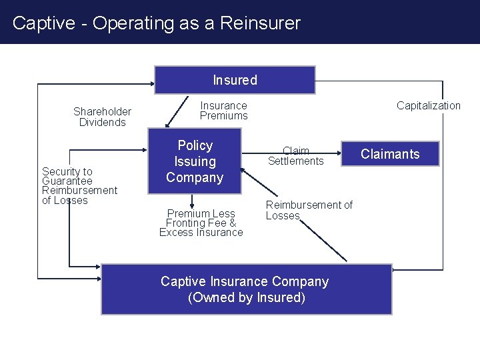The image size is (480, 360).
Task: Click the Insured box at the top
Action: coord(235,80)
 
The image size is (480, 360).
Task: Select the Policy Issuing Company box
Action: coord(195,161)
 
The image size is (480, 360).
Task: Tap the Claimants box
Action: coord(390,154)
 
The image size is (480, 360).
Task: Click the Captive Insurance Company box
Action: coord(246,289)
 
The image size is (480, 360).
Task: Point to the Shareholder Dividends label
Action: coord(102,117)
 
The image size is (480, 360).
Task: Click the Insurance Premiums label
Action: coord(223,111)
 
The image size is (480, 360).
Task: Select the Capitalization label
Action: coord(428,105)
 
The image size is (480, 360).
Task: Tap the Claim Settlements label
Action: coord(295,156)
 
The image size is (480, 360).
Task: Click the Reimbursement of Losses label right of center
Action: coord(309,210)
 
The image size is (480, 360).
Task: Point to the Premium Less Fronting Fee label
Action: coord(201,223)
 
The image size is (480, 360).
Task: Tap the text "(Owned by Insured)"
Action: coord(246,297)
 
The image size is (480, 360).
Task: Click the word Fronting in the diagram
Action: coord(189,223)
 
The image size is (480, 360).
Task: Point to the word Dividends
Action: coord(102,122)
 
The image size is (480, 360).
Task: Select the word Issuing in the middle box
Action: coord(195,161)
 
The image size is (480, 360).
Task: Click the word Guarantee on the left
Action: coord(67,181)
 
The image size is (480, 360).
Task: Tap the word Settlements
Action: coord(295,161)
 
